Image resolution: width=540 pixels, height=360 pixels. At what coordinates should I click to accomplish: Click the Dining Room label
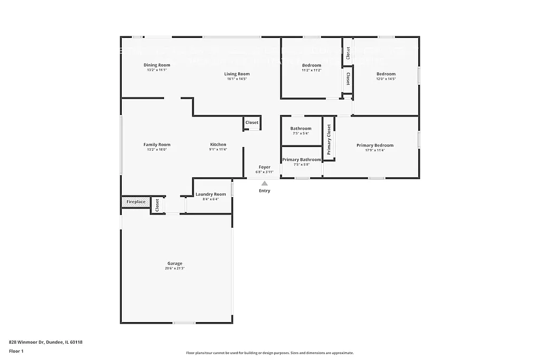[157, 65]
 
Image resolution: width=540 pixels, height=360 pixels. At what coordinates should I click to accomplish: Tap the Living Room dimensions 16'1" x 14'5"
[237, 79]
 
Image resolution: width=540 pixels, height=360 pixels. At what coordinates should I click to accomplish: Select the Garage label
[175, 264]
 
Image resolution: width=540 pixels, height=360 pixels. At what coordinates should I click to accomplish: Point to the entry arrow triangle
[265, 183]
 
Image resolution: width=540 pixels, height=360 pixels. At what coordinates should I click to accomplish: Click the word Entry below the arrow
[265, 191]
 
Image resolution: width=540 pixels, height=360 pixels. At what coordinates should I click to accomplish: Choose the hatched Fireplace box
[136, 202]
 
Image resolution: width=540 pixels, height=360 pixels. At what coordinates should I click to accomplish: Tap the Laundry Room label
[210, 194]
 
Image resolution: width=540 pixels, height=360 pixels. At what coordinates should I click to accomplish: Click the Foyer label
[265, 167]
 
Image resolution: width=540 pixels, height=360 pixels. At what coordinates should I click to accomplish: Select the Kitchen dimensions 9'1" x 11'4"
[218, 149]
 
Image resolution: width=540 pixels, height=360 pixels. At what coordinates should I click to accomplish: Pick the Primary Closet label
[329, 140]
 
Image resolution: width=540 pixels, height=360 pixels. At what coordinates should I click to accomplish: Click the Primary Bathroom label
[301, 160]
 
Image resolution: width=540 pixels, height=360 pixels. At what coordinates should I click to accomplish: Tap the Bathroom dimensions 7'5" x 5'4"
[301, 133]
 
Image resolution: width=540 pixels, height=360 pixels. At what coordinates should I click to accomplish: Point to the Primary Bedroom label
[375, 145]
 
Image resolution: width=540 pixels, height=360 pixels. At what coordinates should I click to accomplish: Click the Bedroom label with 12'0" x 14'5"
[385, 74]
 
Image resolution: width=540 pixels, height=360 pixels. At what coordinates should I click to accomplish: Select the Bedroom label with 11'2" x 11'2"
[311, 65]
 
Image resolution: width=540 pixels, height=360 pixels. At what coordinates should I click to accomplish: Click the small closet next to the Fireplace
[157, 205]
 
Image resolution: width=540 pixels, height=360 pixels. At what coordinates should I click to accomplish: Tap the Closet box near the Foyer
[252, 123]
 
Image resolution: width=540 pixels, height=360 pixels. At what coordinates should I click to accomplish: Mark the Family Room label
[157, 144]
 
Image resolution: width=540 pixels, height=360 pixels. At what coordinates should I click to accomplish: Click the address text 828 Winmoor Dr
[45, 342]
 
